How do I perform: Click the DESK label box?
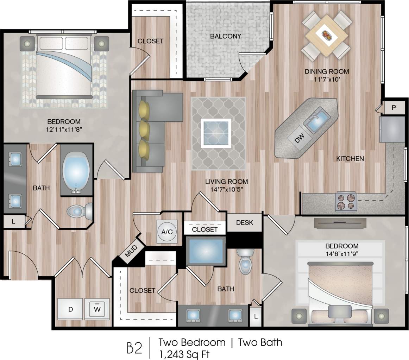tap(244, 223)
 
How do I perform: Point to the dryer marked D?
tap(70, 309)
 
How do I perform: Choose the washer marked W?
tap(97, 309)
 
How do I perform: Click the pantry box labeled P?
tap(394, 108)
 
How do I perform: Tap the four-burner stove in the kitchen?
tap(346, 202)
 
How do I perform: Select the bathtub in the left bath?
tap(76, 170)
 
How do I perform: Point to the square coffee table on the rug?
tap(216, 133)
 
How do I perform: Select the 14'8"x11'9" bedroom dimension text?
tap(341, 253)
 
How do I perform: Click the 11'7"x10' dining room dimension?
tap(327, 79)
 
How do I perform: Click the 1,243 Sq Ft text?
tap(185, 353)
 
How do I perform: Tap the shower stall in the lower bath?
tap(206, 251)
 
